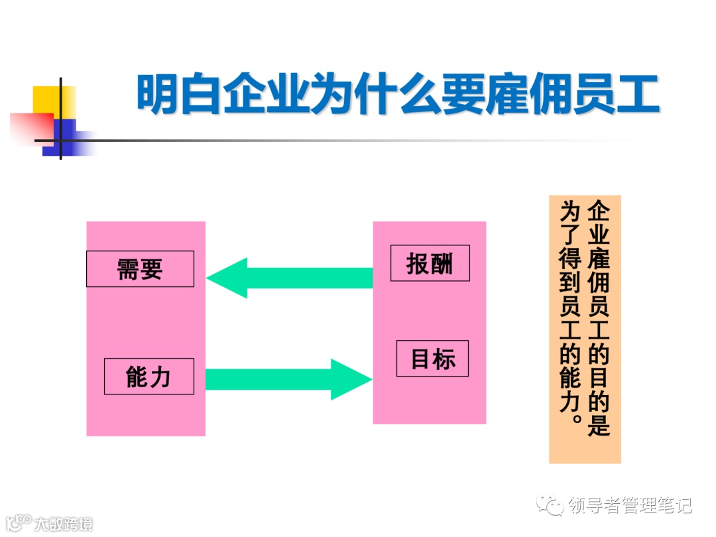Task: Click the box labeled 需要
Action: pos(140,268)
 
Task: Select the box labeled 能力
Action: pos(149,377)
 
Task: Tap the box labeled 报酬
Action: pos(430,263)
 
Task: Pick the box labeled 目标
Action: pos(432,359)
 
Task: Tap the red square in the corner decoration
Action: pos(30,127)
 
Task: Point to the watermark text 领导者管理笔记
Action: pos(630,506)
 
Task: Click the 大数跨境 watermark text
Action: pos(64,523)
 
